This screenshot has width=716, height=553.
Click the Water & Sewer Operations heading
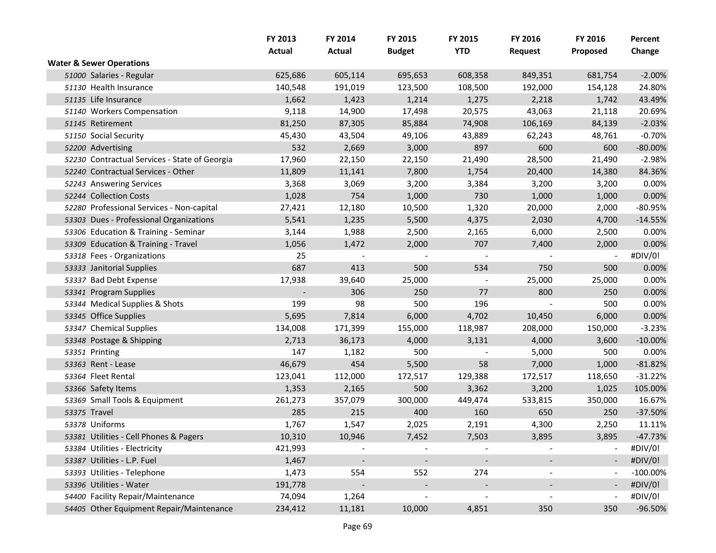tap(99, 63)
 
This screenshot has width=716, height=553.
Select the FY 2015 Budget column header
tap(401, 45)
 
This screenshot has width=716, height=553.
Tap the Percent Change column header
tap(644, 45)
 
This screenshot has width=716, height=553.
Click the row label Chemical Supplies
tap(124, 328)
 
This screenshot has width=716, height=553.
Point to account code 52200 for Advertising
tap(75, 148)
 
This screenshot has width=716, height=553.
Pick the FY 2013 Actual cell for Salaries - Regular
tap(290, 75)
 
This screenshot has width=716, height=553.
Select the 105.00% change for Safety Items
tap(650, 389)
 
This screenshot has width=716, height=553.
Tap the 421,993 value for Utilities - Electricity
tap(290, 448)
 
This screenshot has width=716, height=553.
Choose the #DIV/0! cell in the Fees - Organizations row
tap(644, 256)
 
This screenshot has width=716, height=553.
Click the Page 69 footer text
tap(357, 527)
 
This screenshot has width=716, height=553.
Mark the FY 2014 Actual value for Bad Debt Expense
tap(350, 280)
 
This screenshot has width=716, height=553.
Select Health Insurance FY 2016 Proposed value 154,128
tap(602, 88)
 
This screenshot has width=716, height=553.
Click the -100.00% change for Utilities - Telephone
tap(649, 473)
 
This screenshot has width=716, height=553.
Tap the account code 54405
tap(75, 509)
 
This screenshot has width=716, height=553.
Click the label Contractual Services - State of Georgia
tap(161, 160)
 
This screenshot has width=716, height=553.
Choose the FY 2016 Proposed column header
tap(589, 45)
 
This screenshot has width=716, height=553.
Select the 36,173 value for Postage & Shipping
tap(350, 340)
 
